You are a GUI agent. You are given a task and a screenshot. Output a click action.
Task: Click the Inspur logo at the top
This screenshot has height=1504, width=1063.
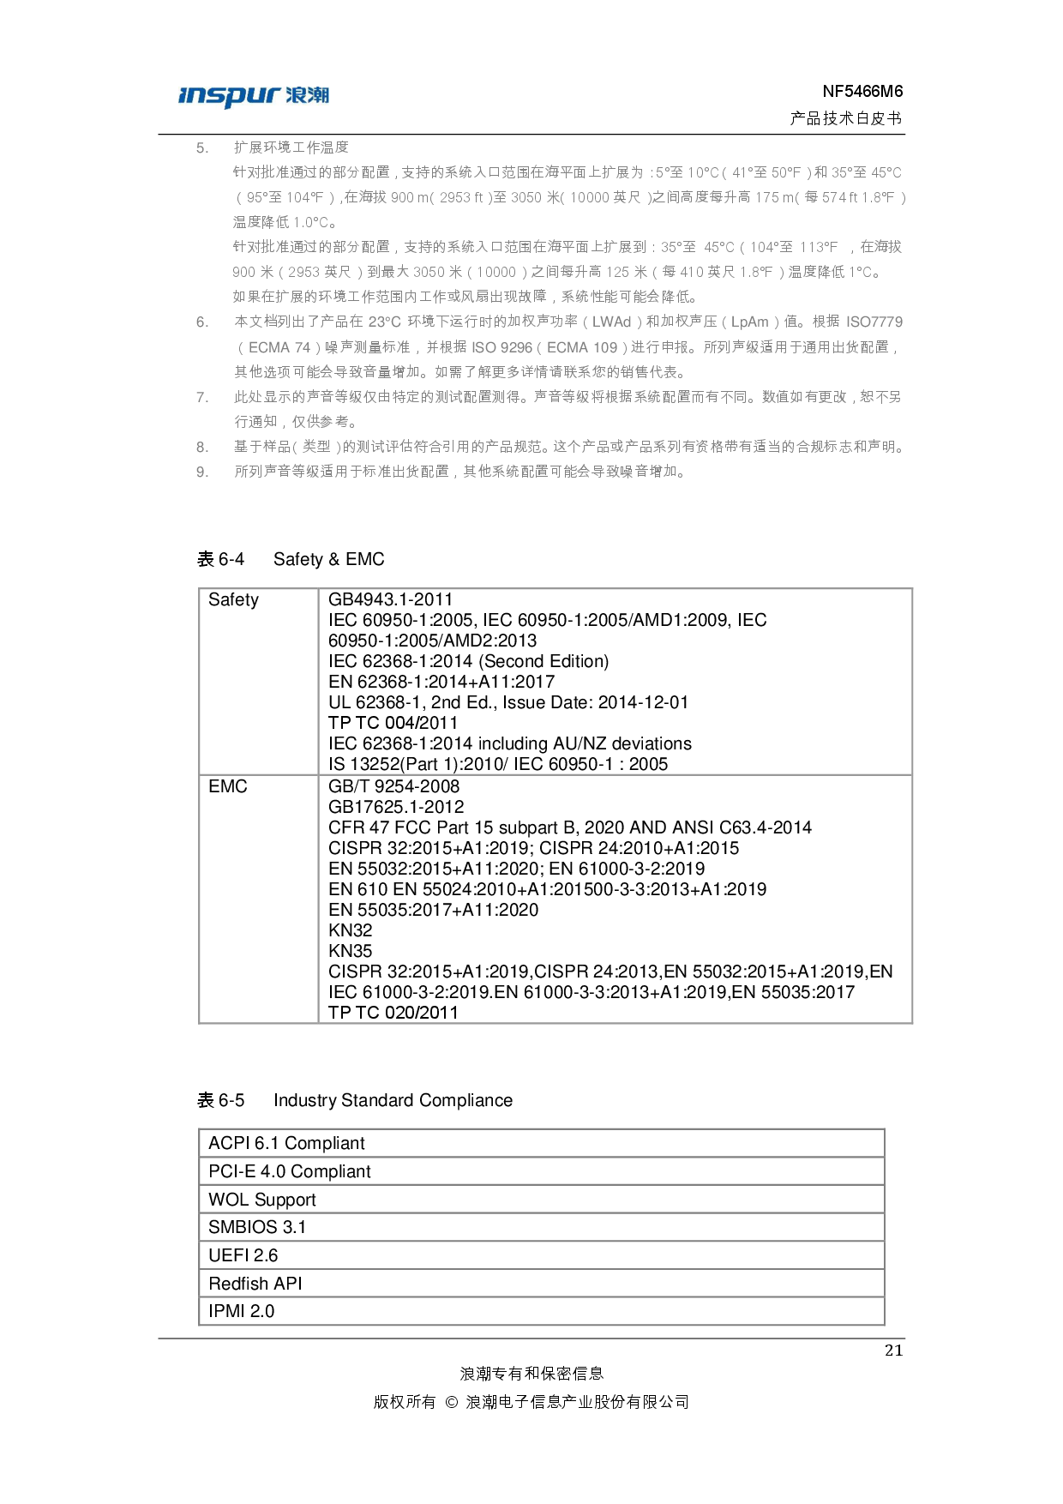pyautogui.click(x=253, y=97)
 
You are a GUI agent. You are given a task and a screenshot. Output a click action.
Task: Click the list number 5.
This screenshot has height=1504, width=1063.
pyautogui.click(x=201, y=147)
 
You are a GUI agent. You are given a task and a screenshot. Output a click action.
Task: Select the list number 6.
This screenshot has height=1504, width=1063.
pyautogui.click(x=201, y=322)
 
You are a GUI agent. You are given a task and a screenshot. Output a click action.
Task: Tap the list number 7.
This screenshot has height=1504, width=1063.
pyautogui.click(x=201, y=397)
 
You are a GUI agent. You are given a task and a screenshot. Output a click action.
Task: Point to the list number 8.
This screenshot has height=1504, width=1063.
pyautogui.click(x=201, y=447)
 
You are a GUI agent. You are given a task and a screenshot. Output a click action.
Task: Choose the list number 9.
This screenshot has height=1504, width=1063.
pyautogui.click(x=201, y=472)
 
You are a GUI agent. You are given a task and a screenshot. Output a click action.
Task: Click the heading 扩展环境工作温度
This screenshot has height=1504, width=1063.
pyautogui.click(x=291, y=147)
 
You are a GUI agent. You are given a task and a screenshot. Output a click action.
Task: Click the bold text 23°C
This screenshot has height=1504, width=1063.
pyautogui.click(x=385, y=322)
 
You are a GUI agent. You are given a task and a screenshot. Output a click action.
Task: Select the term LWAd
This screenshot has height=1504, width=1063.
pyautogui.click(x=611, y=322)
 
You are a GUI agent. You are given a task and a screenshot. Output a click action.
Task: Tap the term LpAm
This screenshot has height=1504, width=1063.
pyautogui.click(x=749, y=322)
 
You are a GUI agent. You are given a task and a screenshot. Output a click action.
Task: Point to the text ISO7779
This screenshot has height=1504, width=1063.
pyautogui.click(x=874, y=322)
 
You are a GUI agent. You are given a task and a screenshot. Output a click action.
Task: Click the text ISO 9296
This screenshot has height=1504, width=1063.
pyautogui.click(x=501, y=347)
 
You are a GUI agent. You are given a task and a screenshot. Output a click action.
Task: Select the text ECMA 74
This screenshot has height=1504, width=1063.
pyautogui.click(x=279, y=347)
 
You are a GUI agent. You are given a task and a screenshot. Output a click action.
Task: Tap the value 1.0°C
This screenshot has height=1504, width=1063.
pyautogui.click(x=311, y=222)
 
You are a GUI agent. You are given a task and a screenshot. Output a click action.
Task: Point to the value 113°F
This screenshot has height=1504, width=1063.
pyautogui.click(x=818, y=247)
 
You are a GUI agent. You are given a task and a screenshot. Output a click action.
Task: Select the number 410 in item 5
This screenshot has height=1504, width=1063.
pyautogui.click(x=691, y=272)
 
